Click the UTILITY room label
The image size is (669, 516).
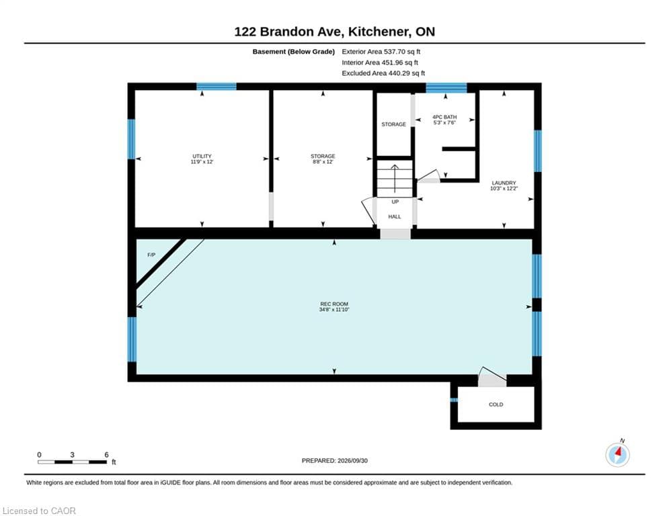202,156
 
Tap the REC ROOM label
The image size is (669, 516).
334,304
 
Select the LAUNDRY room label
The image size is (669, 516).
504,183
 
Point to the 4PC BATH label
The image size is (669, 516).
444,117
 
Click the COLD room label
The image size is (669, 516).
496,404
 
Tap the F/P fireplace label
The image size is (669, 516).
151,255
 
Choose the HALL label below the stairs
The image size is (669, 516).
395,216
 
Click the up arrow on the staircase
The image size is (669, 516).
395,179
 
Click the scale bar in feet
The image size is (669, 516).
72,462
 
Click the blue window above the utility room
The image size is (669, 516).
217,87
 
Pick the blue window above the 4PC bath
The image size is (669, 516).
446,87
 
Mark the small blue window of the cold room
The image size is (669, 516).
454,400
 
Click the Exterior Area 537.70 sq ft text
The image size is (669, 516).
381,52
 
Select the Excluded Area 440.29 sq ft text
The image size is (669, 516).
383,73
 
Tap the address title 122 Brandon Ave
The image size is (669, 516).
288,32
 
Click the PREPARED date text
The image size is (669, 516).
335,460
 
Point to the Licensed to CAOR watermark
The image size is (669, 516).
39,511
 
